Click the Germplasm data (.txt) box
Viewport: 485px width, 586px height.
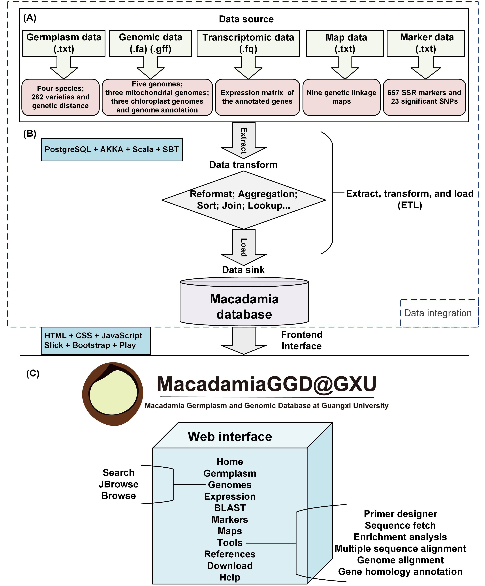click(64, 43)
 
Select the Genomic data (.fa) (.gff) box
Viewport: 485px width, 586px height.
click(150, 43)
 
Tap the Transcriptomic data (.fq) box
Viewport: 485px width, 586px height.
click(248, 43)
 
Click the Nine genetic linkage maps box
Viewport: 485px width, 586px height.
click(342, 97)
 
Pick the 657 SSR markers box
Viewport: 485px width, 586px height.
click(424, 97)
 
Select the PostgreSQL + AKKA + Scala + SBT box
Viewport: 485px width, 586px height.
click(112, 150)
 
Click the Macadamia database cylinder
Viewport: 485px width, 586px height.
click(244, 301)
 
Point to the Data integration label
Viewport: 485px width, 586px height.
click(438, 313)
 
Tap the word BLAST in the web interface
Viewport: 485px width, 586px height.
click(230, 508)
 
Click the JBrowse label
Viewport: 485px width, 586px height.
click(118, 484)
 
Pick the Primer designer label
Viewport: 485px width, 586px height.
click(400, 514)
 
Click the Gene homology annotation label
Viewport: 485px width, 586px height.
click(400, 571)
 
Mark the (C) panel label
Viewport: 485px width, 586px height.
click(33, 373)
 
